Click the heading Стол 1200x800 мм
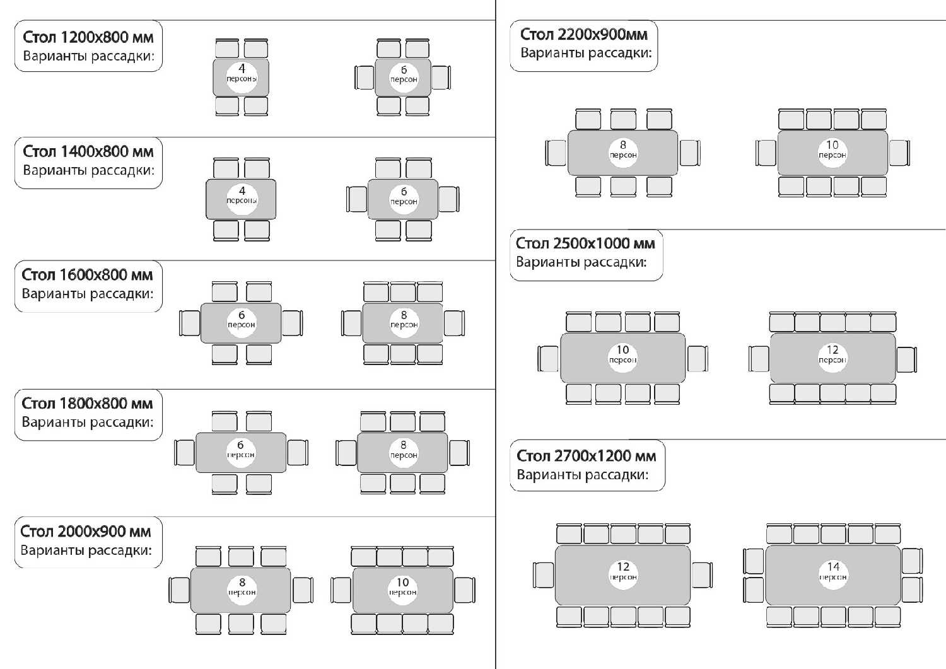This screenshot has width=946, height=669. click(x=88, y=37)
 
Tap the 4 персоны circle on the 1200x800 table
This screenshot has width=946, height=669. click(x=242, y=78)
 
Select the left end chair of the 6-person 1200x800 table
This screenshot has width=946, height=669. click(x=365, y=78)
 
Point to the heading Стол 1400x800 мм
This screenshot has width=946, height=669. click(x=88, y=151)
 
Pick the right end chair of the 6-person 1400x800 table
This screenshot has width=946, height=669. click(x=449, y=199)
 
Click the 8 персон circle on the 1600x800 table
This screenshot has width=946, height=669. click(x=404, y=323)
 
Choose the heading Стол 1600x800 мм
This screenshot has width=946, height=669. click(x=87, y=274)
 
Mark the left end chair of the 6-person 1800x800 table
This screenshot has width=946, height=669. click(x=185, y=453)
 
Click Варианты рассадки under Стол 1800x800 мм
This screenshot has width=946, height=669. click(x=88, y=422)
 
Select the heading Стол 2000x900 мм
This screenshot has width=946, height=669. click(x=85, y=532)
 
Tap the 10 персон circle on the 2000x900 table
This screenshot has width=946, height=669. click(x=402, y=590)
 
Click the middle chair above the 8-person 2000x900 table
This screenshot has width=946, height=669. click(x=241, y=556)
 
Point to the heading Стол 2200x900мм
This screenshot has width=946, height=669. click(x=583, y=34)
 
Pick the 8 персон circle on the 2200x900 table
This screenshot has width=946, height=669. click(x=623, y=153)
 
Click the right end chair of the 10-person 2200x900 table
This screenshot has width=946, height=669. click(x=899, y=153)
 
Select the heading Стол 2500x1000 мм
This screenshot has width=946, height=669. click(x=585, y=243)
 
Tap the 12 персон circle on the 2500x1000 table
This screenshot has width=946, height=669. click(x=832, y=358)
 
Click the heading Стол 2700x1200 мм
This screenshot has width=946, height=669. click(x=586, y=456)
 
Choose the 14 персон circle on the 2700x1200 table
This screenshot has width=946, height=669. click(x=833, y=575)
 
